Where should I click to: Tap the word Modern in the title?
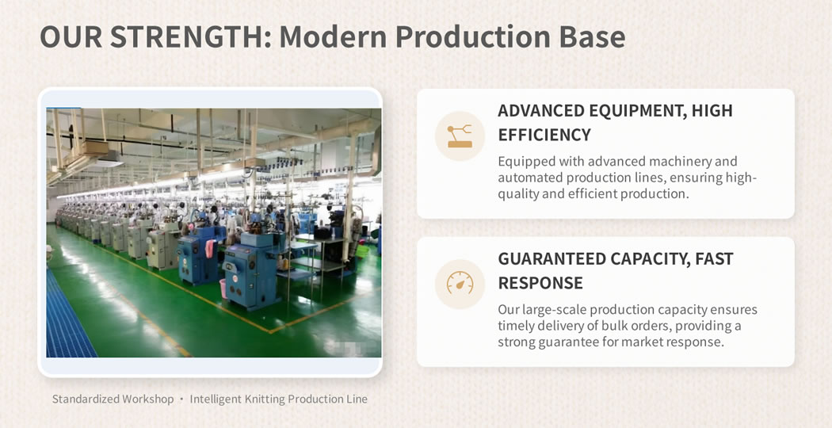coord(333,36)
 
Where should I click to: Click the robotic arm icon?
coord(460,136)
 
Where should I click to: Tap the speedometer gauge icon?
coord(460,284)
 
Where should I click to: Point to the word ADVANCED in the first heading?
coord(542,110)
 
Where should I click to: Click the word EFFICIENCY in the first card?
coord(544,135)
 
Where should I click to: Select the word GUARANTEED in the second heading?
coord(551,258)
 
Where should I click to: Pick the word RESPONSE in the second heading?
coord(540,283)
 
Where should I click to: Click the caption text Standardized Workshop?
coord(113,399)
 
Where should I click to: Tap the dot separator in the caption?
coord(181,399)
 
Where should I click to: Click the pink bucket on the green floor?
coord(223,289)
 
